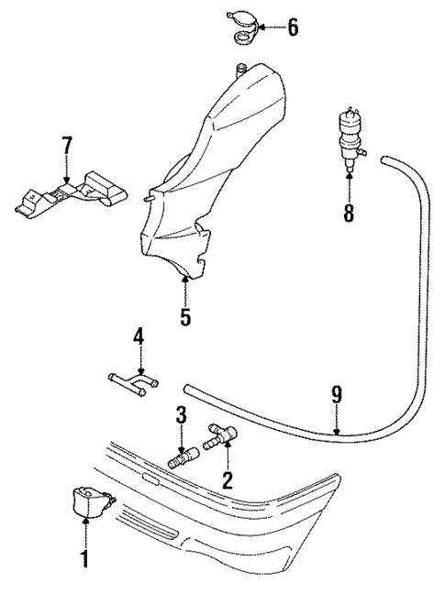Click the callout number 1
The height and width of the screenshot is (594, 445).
point(84,557)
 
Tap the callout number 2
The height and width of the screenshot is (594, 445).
point(227,479)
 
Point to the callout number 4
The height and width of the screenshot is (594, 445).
point(139,337)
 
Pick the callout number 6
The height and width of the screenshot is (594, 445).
point(292,27)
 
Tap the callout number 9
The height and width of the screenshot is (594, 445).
point(337,396)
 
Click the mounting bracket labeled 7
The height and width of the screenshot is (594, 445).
point(68,192)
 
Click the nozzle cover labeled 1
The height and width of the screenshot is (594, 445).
point(90,501)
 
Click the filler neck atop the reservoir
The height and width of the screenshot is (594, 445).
point(241,66)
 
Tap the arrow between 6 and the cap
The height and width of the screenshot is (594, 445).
point(269,27)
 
